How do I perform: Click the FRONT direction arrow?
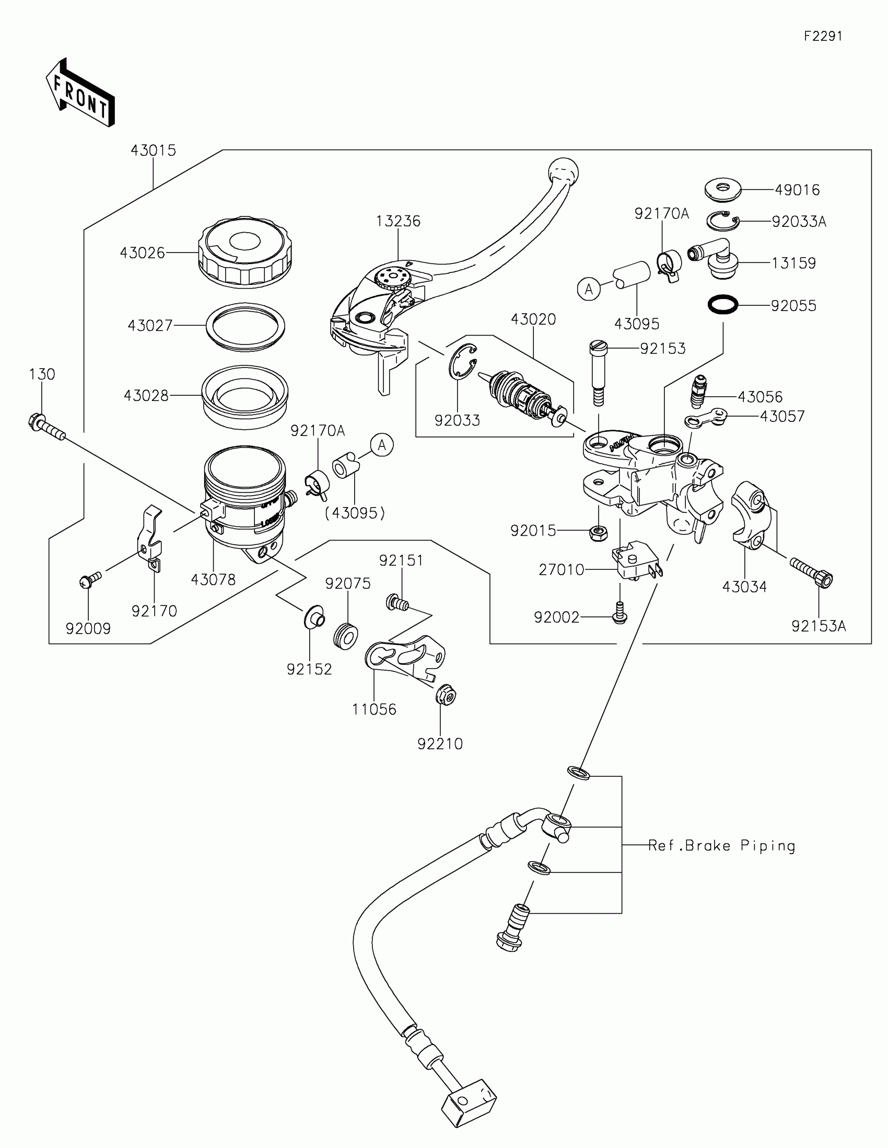click(x=80, y=93)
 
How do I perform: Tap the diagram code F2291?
click(x=823, y=36)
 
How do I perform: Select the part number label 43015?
click(x=154, y=151)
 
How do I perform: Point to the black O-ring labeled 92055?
click(x=723, y=304)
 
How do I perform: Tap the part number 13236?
click(x=398, y=221)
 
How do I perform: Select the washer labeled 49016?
click(x=722, y=189)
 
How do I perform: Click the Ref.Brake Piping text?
click(x=721, y=846)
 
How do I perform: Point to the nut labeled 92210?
click(x=447, y=697)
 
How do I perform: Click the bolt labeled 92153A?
click(x=812, y=572)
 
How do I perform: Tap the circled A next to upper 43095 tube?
click(x=589, y=289)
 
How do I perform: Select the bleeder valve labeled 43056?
click(x=699, y=392)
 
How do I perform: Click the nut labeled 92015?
click(x=598, y=534)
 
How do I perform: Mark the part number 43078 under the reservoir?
click(x=213, y=580)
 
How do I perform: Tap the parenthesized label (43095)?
click(x=355, y=513)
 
